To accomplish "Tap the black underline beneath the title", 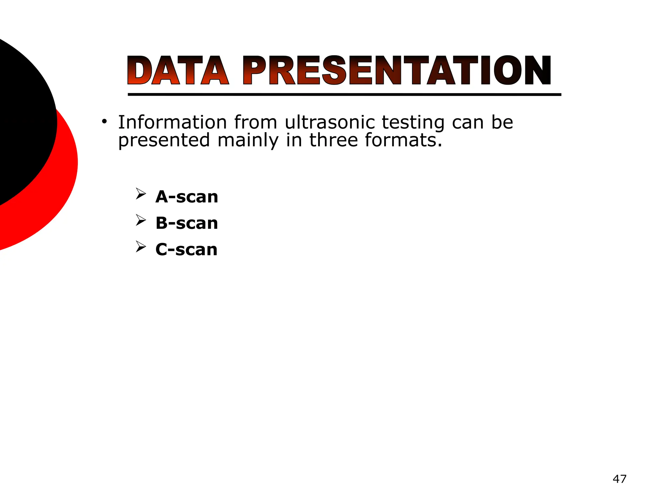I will tap(344, 95).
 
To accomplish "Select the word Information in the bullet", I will tap(172, 122).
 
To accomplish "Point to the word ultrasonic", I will tap(330, 122).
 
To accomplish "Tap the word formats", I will tap(403, 140).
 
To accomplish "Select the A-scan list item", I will tap(187, 197).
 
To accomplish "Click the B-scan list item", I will tap(187, 223).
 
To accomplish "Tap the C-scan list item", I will tap(186, 250).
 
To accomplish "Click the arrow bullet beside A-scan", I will tap(141, 194).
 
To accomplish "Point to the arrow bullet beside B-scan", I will tap(141, 220).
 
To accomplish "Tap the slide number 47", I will tap(619, 479).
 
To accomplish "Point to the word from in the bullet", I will tap(255, 122).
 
